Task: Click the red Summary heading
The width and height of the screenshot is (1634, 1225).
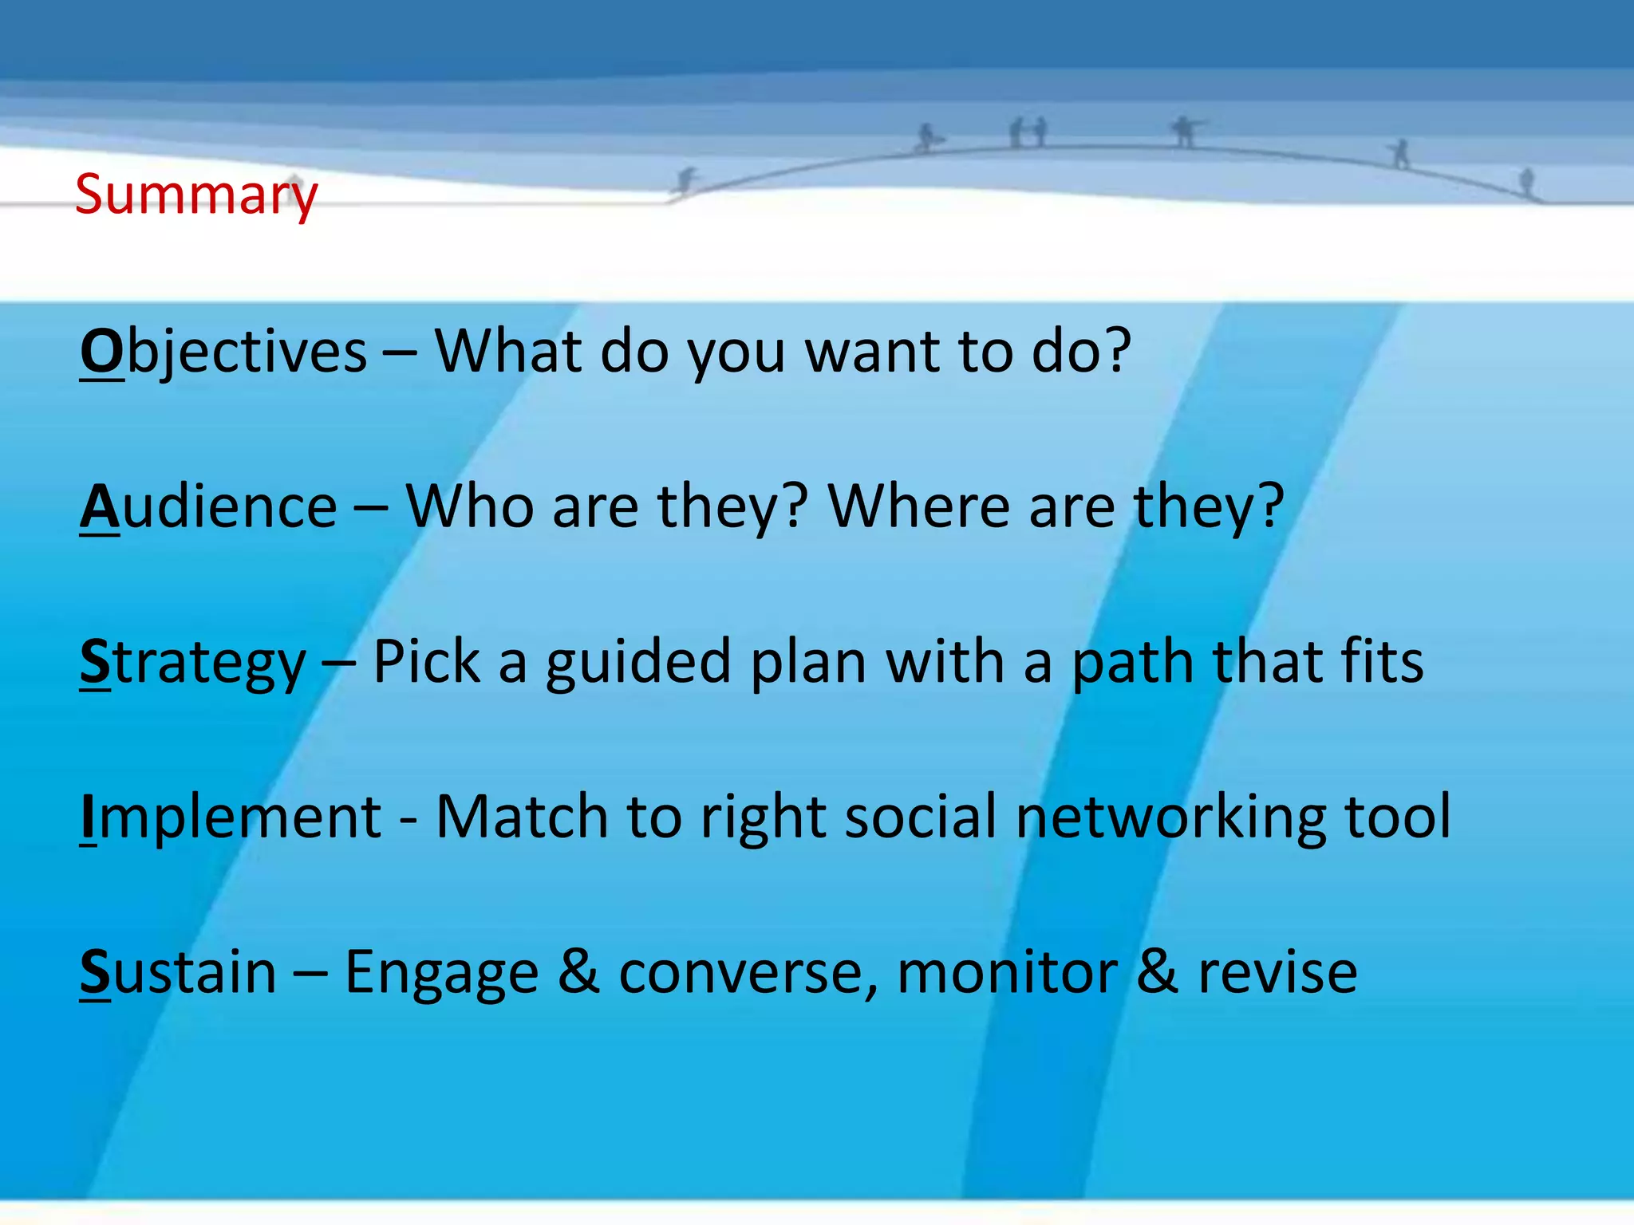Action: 196,195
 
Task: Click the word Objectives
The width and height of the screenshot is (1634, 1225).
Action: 223,352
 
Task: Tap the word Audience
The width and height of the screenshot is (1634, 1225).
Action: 209,507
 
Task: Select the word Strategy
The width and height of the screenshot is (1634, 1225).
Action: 193,664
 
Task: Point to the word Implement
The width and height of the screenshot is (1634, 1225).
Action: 231,817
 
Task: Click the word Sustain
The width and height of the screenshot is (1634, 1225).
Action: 178,972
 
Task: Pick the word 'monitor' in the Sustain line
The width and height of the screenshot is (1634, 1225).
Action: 1007,972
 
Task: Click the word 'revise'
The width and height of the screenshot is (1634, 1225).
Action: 1277,973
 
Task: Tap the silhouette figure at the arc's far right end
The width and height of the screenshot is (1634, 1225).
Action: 1526,182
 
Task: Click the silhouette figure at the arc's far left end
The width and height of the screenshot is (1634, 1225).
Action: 685,181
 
